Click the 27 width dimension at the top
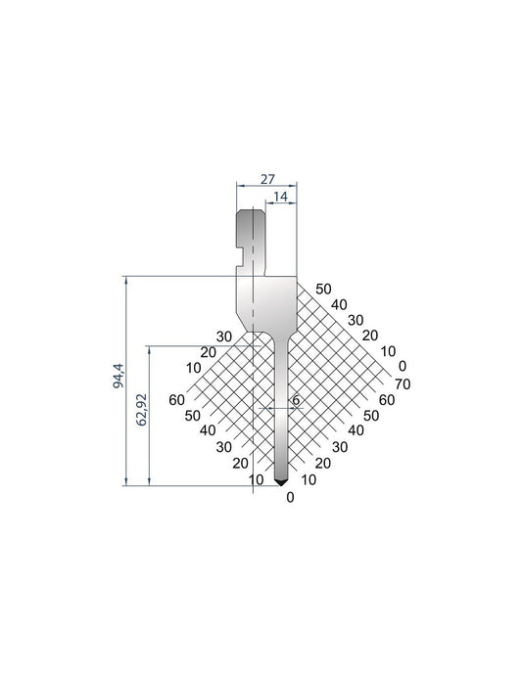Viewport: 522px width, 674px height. (267, 180)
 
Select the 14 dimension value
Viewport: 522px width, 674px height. (281, 198)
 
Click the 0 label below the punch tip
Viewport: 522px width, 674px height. (290, 497)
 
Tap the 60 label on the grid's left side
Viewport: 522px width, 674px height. (177, 399)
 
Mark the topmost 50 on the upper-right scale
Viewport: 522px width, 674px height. (324, 289)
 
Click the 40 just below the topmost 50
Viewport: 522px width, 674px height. (340, 304)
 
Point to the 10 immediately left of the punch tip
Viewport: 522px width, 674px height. (257, 479)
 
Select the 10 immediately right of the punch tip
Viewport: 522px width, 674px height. (308, 479)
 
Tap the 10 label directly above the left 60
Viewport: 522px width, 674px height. (192, 368)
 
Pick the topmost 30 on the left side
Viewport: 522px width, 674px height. (224, 336)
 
